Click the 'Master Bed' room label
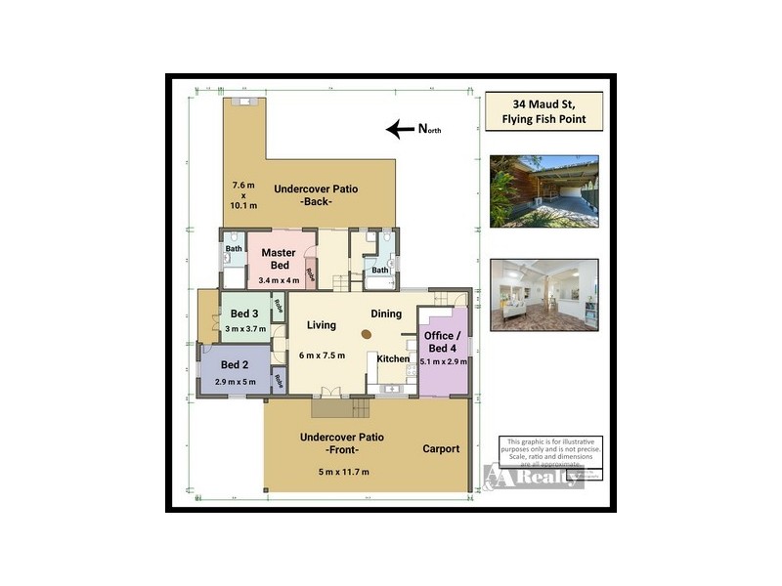click(x=279, y=259)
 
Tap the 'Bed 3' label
click(x=243, y=314)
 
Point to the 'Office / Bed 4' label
click(x=441, y=342)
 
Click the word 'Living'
click(x=322, y=325)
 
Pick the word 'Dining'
click(x=387, y=314)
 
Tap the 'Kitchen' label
click(x=393, y=359)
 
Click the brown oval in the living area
click(x=366, y=334)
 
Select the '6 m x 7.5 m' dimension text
click(x=322, y=355)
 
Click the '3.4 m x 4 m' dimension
click(x=279, y=280)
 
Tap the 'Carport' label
click(x=441, y=449)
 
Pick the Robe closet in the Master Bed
click(x=311, y=274)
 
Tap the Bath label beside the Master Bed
click(x=234, y=248)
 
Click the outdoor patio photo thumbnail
click(x=544, y=190)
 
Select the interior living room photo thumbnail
click(x=544, y=294)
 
